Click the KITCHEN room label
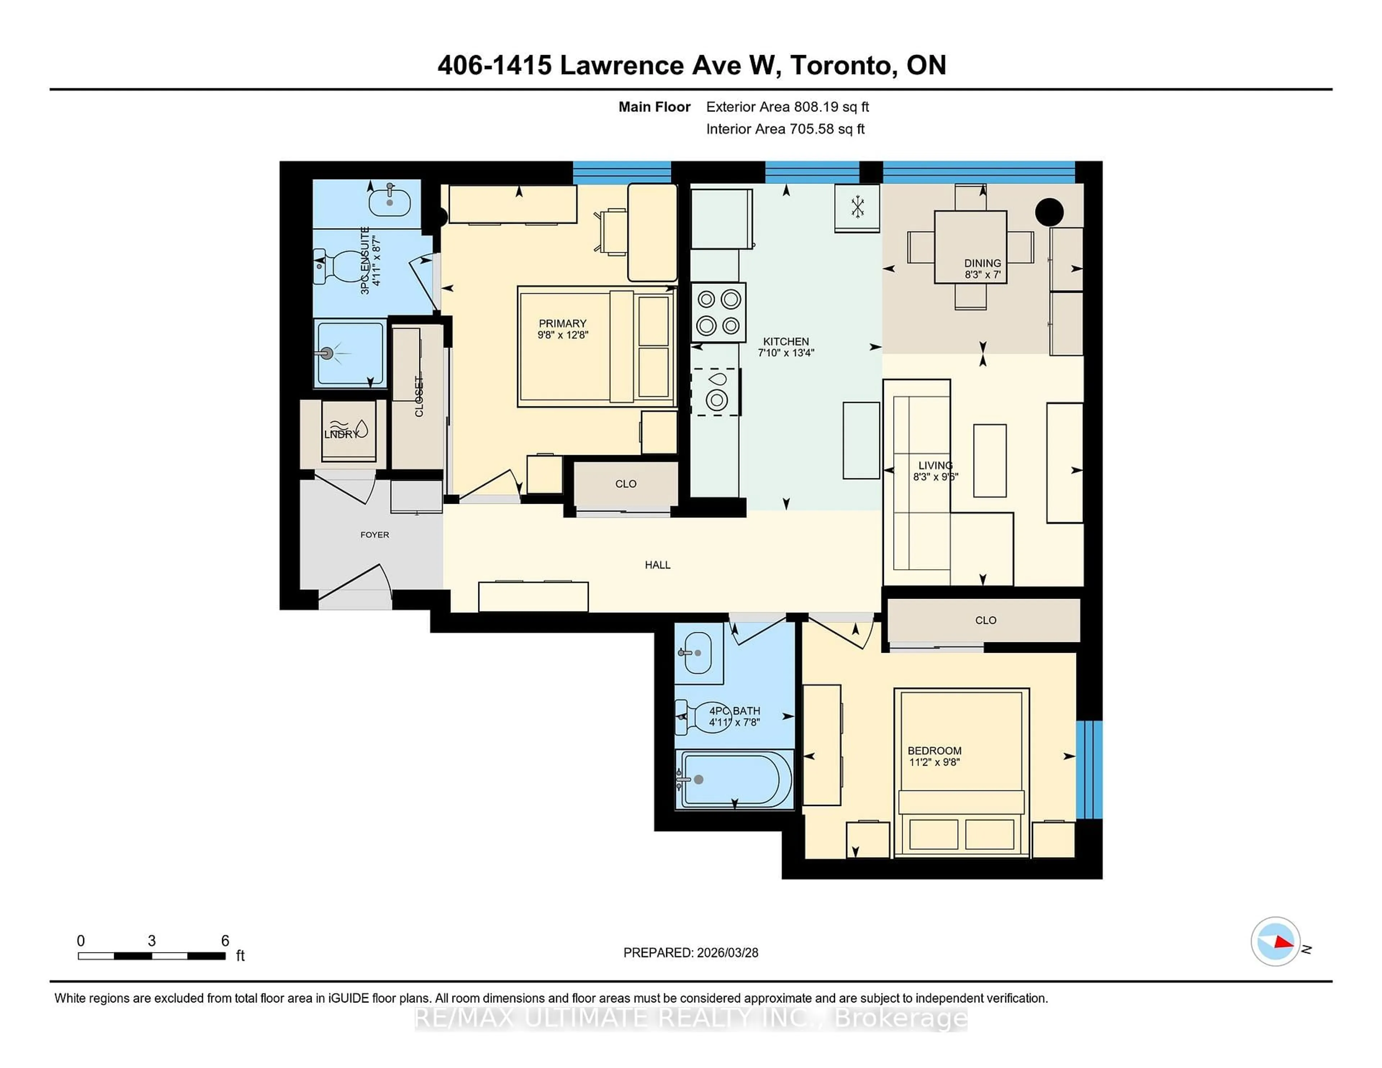point(785,347)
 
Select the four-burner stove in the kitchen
point(718,312)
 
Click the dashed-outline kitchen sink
point(716,392)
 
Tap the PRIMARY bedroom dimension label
point(563,329)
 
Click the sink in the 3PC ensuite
point(389,201)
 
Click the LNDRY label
point(341,434)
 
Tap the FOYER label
point(375,535)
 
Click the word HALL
point(658,564)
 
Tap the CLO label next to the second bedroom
point(985,620)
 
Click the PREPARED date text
point(690,952)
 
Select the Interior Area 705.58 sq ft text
point(785,129)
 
